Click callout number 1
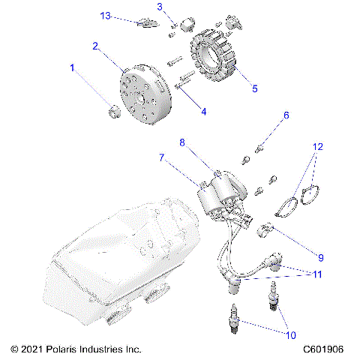coord(73,68)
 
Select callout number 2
coord(96,46)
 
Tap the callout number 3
coord(160,7)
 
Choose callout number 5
coord(254,88)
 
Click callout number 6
coord(286,115)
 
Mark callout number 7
coord(160,158)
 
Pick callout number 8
coord(181,142)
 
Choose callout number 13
coord(106,15)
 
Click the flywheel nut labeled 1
coord(113,113)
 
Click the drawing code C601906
coord(323,350)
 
